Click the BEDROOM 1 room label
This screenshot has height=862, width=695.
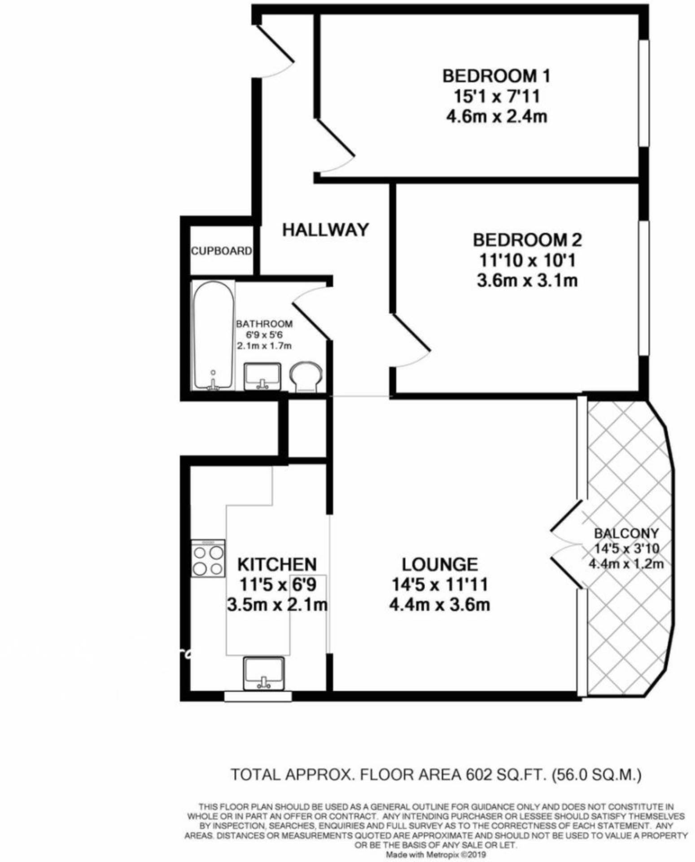496,76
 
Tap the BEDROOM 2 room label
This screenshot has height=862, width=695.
527,240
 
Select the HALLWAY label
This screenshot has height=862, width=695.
325,230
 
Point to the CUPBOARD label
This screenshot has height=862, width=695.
221,251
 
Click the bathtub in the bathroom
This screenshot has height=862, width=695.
213,335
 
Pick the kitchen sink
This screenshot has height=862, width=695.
263,673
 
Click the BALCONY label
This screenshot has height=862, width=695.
626,533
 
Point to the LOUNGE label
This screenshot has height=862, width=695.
439,564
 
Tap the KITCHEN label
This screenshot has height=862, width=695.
277,564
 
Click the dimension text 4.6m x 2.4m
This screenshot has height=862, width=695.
496,117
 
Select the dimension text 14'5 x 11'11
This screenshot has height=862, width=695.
439,585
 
